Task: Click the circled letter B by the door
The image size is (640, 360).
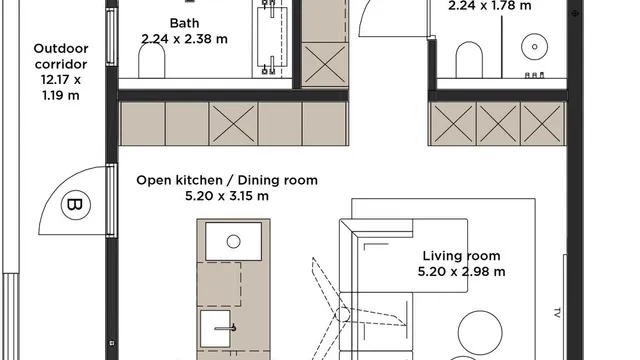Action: point(76,205)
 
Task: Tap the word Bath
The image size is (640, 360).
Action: point(184,23)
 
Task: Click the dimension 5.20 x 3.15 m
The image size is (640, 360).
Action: point(227,196)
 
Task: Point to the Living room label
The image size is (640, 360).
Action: point(461,256)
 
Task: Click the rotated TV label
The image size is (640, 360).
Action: point(557,313)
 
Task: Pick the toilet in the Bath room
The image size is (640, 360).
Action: point(152,60)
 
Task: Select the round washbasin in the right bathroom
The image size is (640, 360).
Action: point(534,47)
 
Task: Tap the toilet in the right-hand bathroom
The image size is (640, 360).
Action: point(469,60)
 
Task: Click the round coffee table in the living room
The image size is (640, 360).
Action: point(480,333)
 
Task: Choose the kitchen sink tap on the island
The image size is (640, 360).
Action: point(226,328)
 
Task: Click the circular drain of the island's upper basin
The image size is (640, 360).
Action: point(233,242)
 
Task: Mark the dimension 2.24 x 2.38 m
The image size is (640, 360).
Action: point(184,39)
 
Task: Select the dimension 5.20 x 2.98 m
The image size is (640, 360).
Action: point(461,272)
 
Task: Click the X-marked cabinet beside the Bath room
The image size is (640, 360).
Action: point(325,64)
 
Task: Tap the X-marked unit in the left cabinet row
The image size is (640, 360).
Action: point(233,124)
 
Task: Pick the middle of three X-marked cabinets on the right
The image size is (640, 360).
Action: point(498,124)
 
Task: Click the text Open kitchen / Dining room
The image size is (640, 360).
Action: point(227,180)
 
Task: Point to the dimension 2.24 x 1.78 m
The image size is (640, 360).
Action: point(490,6)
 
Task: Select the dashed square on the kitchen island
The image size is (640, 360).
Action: point(219,284)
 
